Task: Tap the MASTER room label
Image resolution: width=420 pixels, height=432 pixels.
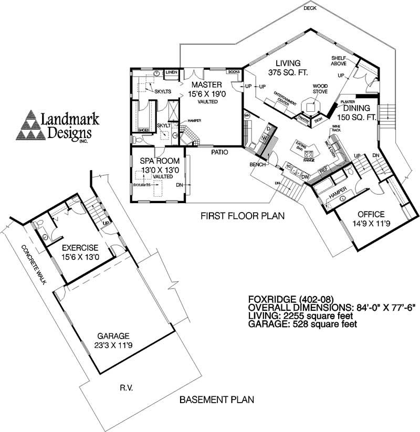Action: [206, 85]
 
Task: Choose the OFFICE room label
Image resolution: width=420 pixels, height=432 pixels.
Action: [371, 214]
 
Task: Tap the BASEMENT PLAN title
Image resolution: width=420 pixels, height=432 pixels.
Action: [217, 399]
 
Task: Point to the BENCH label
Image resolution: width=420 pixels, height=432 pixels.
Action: [257, 165]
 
